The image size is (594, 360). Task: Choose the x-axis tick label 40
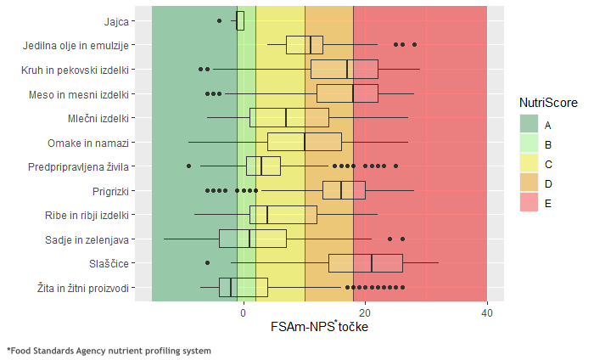tap(487, 314)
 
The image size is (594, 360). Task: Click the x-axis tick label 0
tap(244, 314)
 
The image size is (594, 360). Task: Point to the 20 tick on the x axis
tap(365, 314)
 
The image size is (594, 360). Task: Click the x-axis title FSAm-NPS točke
tap(319, 327)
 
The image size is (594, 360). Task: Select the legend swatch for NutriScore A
tap(530, 124)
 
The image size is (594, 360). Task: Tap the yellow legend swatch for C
tap(530, 163)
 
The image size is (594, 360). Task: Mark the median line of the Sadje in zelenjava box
tap(249, 239)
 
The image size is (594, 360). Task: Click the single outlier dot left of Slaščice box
tap(207, 264)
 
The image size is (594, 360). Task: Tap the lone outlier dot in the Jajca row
tap(220, 20)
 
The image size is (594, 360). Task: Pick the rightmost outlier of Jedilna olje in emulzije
tap(414, 44)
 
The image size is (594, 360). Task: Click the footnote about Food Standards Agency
tap(109, 350)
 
